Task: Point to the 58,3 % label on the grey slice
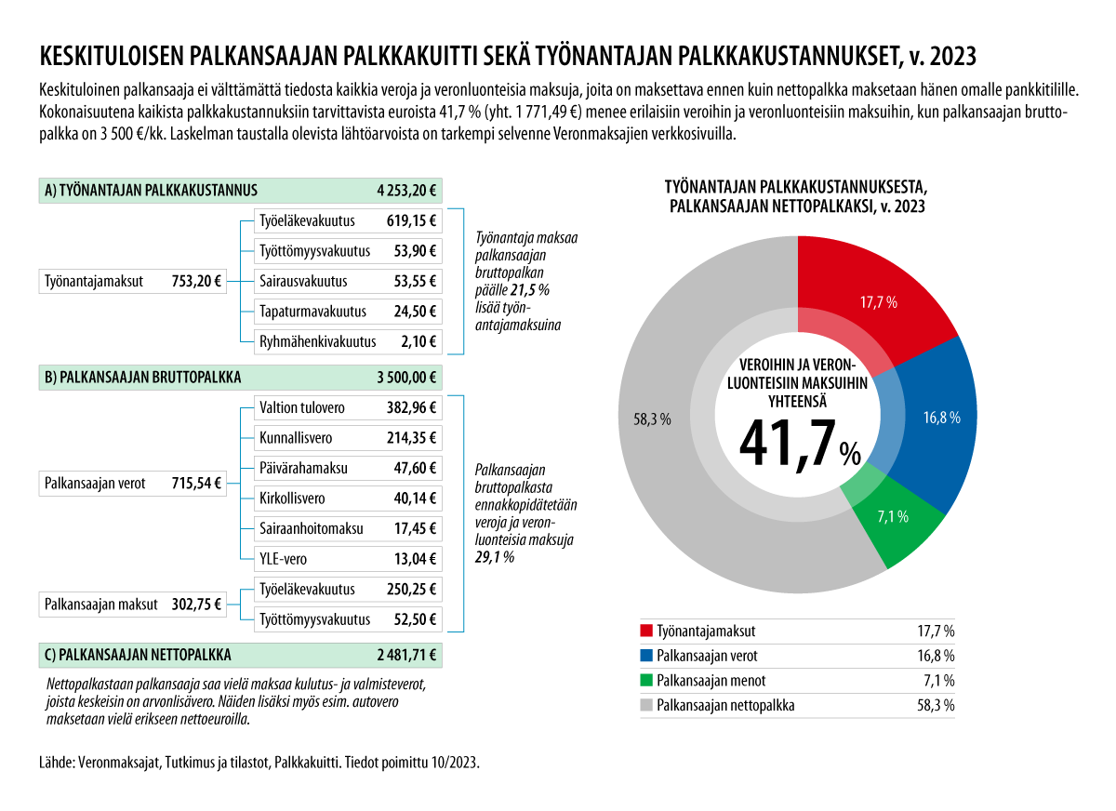pos(652,419)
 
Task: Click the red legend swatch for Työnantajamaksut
pos(646,632)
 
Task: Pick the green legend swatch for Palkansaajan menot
pos(646,681)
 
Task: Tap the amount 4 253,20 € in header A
pos(406,191)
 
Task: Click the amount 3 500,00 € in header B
pos(406,378)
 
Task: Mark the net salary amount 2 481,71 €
pos(406,654)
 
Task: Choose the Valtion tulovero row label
pos(302,407)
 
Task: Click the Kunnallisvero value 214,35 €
pos(411,438)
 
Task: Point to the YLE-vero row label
pos(283,559)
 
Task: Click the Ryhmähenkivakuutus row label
pos(318,341)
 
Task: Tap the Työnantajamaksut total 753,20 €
pos(197,281)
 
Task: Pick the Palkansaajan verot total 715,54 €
pos(197,484)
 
